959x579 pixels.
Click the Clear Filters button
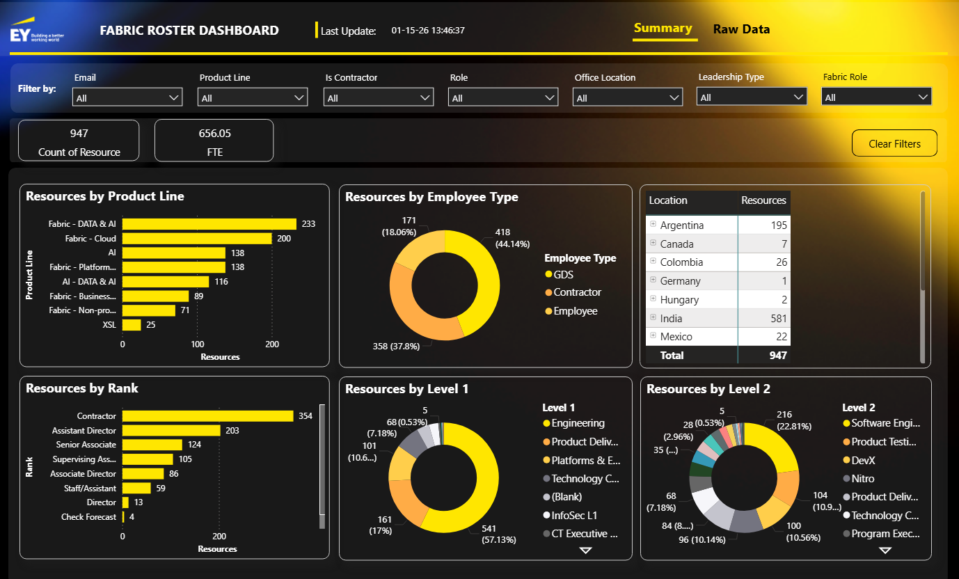click(894, 143)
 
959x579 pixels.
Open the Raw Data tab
click(741, 29)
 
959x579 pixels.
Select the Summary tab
click(663, 29)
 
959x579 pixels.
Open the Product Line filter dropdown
click(253, 97)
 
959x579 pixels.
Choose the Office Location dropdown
click(627, 97)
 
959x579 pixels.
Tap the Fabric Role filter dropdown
click(876, 97)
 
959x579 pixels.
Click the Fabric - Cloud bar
click(197, 239)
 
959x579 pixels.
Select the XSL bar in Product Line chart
click(132, 325)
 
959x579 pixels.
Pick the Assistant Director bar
click(171, 430)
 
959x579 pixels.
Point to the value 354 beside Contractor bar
click(306, 416)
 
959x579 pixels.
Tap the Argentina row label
click(681, 225)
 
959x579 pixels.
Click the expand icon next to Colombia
click(653, 261)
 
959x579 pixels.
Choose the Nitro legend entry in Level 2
click(858, 478)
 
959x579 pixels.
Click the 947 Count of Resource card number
click(79, 133)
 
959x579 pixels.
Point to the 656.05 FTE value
click(214, 133)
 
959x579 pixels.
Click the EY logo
click(36, 30)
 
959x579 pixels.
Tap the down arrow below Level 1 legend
click(585, 550)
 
